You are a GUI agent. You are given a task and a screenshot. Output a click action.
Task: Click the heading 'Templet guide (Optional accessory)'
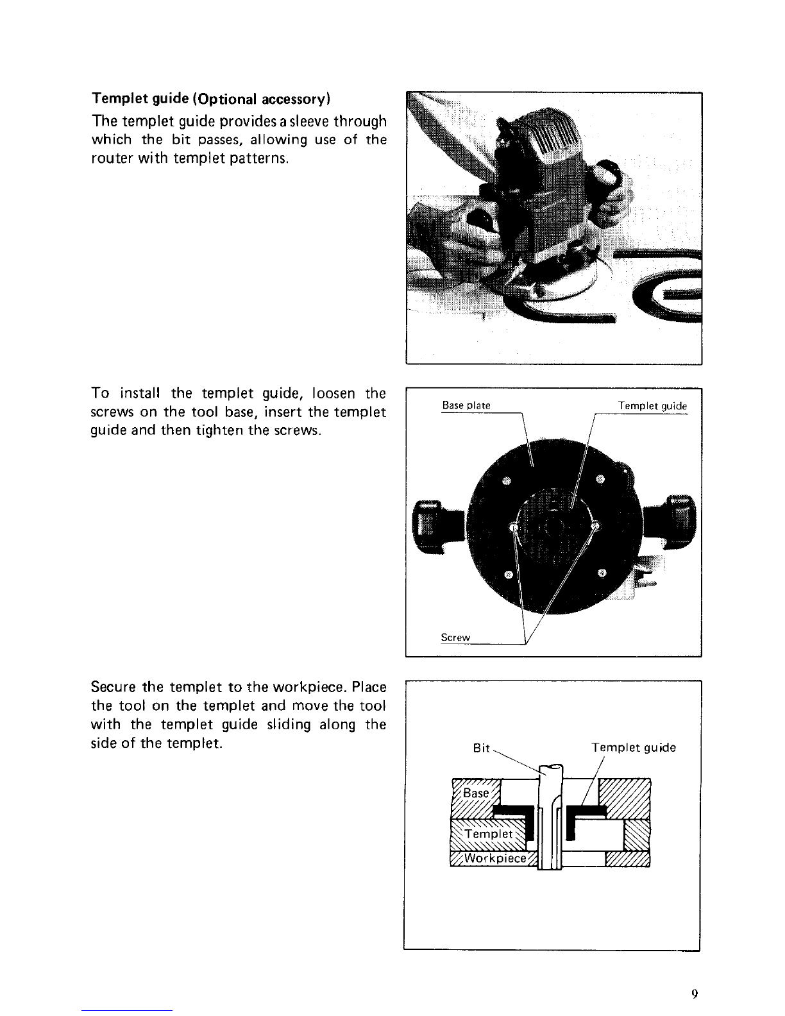[211, 99]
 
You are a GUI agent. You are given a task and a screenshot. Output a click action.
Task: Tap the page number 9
[695, 993]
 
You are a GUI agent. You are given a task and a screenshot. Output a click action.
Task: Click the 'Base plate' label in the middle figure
[466, 405]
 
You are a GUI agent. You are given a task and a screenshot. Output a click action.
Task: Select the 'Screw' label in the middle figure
[455, 638]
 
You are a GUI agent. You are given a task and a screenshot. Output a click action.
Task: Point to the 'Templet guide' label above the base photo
[652, 406]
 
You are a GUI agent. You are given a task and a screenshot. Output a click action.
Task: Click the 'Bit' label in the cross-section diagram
[481, 748]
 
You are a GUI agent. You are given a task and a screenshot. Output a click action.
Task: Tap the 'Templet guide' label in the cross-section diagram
[634, 748]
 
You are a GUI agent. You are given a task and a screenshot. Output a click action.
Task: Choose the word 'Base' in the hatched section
[475, 793]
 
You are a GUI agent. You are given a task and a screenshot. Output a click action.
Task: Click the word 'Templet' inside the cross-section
[489, 834]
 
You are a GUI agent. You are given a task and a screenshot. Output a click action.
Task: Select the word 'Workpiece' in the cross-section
[495, 858]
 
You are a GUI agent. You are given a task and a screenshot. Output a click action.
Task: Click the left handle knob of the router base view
[427, 527]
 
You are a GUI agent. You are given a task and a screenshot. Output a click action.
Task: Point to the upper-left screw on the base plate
[507, 481]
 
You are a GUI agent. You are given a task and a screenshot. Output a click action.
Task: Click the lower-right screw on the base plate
[602, 572]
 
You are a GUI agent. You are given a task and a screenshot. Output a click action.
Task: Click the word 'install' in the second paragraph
[139, 393]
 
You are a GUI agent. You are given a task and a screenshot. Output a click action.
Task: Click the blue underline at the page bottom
[127, 1010]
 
